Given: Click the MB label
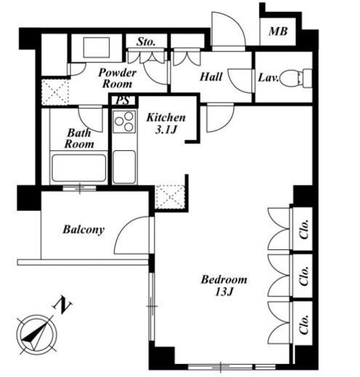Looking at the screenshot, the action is (278, 31).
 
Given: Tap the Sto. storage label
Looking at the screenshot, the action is (146, 41).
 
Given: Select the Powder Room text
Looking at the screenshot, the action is (118, 78).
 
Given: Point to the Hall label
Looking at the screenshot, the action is (211, 77).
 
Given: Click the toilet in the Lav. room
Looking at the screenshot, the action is (295, 78).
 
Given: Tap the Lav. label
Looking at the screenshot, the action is (269, 78).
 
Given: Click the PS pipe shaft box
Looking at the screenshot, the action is (123, 100).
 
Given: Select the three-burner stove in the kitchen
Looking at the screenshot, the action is (124, 121).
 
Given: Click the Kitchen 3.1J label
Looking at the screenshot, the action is (166, 123).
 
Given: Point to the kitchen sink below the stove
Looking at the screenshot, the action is (124, 167).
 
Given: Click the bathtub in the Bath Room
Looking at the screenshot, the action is (79, 168).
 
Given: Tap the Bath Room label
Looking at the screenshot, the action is (79, 138).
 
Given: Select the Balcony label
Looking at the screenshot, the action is (83, 230).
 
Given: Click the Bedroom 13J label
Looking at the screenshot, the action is (224, 285).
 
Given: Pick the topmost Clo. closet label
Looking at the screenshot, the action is (304, 229).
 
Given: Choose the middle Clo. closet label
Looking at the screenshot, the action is (304, 276).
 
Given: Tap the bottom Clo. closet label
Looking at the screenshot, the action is (304, 324).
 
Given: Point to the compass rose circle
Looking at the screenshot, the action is (37, 335).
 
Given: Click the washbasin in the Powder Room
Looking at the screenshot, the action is (97, 47).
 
